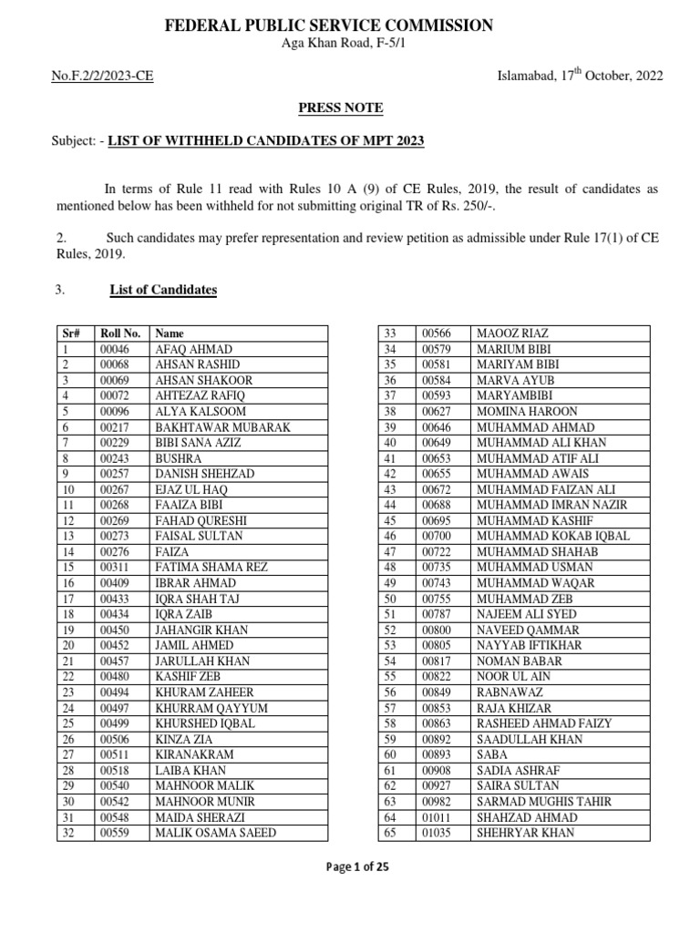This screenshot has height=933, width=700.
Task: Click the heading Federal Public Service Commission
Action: pos(329,26)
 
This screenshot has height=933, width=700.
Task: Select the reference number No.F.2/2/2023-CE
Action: pos(103,76)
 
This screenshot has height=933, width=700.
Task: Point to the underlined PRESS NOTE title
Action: pos(341,108)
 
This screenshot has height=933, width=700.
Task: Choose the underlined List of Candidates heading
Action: pos(163,290)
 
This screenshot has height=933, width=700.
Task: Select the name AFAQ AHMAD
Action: pos(194,350)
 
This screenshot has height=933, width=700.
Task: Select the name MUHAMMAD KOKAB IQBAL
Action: pos(552,537)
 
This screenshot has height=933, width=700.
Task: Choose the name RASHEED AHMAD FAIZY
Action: pos(544,723)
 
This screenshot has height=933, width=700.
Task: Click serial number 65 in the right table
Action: pos(390,833)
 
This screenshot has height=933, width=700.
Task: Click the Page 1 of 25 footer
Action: pos(358,867)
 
